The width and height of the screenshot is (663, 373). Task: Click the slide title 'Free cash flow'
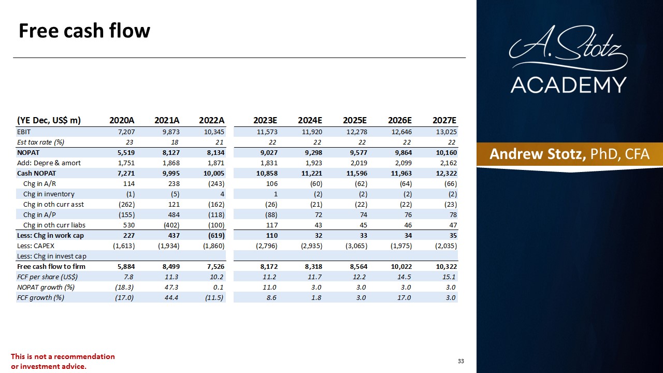[84, 31]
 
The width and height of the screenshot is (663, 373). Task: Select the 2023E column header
[265, 120]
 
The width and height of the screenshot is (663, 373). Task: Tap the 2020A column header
[122, 120]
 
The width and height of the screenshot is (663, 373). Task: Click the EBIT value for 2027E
[446, 132]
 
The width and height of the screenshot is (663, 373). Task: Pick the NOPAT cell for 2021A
[171, 152]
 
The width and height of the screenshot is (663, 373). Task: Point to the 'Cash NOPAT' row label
[36, 173]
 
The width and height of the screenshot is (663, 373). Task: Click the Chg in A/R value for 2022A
[216, 183]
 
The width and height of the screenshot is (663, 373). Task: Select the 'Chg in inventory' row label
[49, 194]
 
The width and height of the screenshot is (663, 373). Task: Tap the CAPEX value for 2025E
[356, 246]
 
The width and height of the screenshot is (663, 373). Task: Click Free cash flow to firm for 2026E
[401, 266]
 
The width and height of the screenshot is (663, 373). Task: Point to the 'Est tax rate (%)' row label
[40, 142]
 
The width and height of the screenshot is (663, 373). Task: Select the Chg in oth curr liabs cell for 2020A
[129, 225]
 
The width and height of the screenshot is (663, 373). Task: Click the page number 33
[461, 361]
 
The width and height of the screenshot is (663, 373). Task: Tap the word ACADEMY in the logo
[568, 85]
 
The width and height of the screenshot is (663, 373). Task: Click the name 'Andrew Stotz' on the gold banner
[538, 154]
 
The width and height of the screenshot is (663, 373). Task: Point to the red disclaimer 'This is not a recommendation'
[63, 356]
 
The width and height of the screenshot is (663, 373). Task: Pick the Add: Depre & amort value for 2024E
[314, 163]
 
